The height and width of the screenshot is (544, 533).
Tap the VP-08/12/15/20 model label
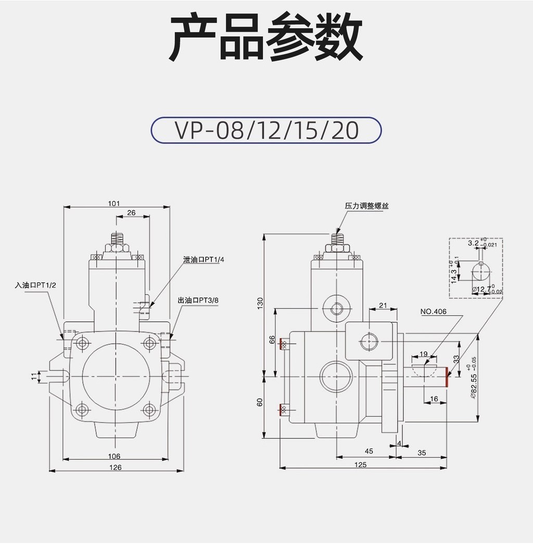pyautogui.click(x=266, y=131)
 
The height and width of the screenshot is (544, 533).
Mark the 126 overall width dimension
pyautogui.click(x=116, y=467)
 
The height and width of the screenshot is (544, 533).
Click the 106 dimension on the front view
pyautogui.click(x=115, y=456)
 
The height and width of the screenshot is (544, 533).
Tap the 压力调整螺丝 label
pyautogui.click(x=366, y=206)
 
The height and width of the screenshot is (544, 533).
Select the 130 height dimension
pyautogui.click(x=260, y=303)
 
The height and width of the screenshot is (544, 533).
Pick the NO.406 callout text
pyautogui.click(x=433, y=312)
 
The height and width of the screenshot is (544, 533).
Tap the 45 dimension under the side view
pyautogui.click(x=369, y=452)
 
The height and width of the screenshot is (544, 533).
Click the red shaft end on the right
pyautogui.click(x=447, y=377)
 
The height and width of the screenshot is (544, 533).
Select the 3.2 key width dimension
pyautogui.click(x=473, y=243)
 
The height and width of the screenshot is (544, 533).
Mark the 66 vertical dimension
pyautogui.click(x=272, y=340)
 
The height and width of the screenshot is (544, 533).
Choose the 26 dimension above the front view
pyautogui.click(x=131, y=212)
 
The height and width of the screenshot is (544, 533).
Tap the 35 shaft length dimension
pyautogui.click(x=422, y=453)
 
